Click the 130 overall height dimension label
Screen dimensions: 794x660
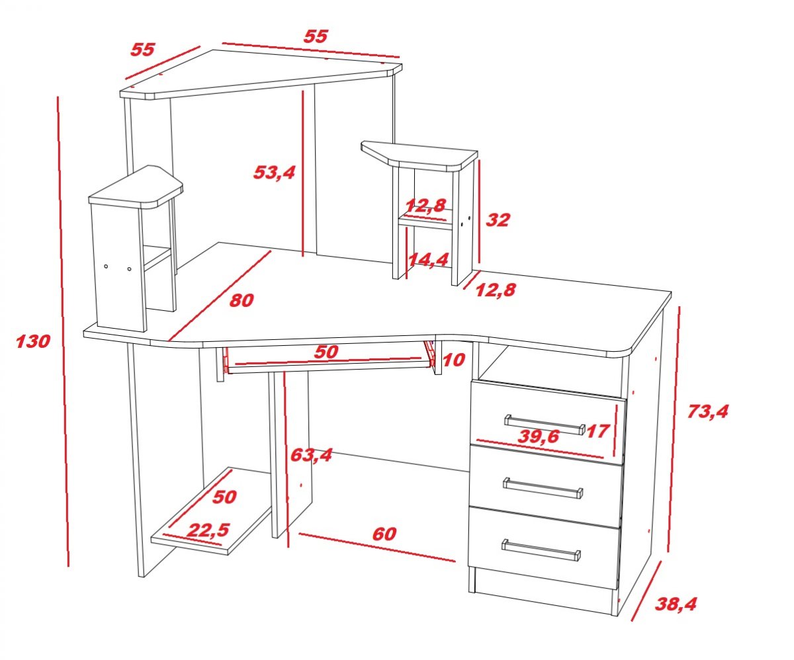pyautogui.click(x=33, y=341)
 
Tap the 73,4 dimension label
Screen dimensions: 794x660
pyautogui.click(x=707, y=411)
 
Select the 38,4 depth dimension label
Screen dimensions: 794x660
pyautogui.click(x=676, y=604)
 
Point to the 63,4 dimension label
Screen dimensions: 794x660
pyautogui.click(x=311, y=455)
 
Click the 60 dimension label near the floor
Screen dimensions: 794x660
pyautogui.click(x=384, y=534)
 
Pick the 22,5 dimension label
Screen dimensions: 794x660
pyautogui.click(x=209, y=530)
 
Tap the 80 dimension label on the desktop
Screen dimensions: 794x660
pyautogui.click(x=242, y=301)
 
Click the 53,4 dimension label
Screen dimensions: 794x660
pyautogui.click(x=274, y=173)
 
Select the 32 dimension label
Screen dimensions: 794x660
pyautogui.click(x=498, y=220)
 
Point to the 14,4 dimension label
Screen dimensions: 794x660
pyautogui.click(x=428, y=260)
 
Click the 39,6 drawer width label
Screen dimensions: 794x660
pyautogui.click(x=538, y=436)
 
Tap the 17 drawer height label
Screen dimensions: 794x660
pyautogui.click(x=598, y=431)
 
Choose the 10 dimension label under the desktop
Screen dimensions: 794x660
pyautogui.click(x=454, y=360)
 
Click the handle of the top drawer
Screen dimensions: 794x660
pyautogui.click(x=545, y=425)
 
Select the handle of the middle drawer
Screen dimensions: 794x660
pyautogui.click(x=543, y=488)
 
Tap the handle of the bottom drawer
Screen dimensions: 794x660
pyautogui.click(x=541, y=550)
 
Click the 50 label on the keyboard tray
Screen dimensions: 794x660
pyautogui.click(x=326, y=352)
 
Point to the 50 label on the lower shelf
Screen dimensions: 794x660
pyautogui.click(x=224, y=497)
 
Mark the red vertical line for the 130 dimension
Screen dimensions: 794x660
pyautogui.click(x=63, y=331)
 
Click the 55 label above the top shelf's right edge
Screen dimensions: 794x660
pyautogui.click(x=316, y=36)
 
